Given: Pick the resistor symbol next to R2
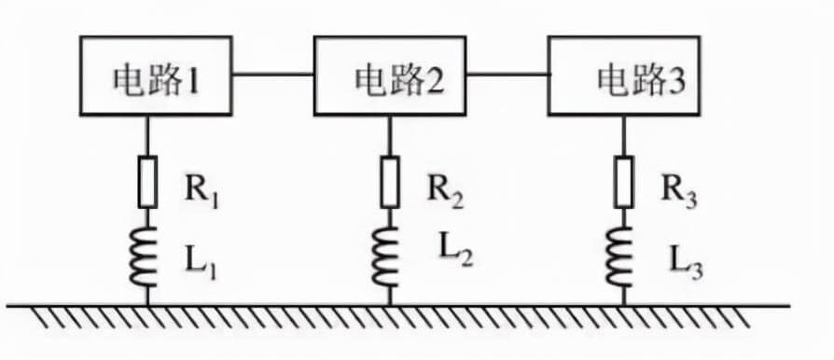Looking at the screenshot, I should pyautogui.click(x=388, y=182).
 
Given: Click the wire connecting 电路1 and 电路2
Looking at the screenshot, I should pyautogui.click(x=272, y=73).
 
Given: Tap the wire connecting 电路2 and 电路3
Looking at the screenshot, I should pyautogui.click(x=507, y=72).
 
